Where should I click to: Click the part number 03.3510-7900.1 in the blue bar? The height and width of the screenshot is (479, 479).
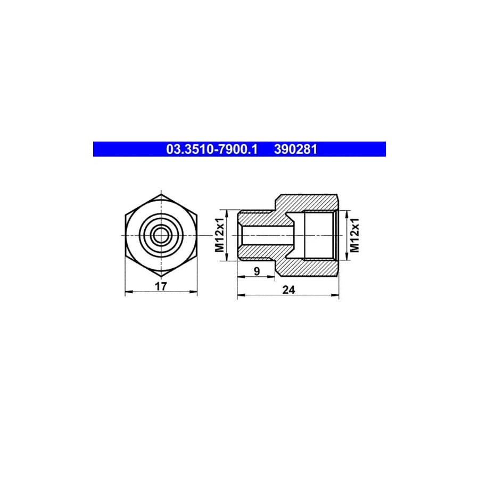coord(212,150)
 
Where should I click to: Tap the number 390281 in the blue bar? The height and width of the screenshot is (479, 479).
coord(295,150)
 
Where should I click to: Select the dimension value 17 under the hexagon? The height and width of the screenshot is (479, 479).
coord(161,286)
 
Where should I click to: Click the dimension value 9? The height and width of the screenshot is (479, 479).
coord(257,271)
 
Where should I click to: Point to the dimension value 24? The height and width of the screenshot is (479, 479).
coord(288,290)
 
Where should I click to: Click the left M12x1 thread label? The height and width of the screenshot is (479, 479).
coord(219,235)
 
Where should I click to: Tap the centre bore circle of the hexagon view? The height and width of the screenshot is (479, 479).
coord(161,234)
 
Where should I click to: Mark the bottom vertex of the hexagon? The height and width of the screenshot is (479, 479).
coord(161,275)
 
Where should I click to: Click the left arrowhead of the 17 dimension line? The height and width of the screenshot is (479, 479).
coord(127,293)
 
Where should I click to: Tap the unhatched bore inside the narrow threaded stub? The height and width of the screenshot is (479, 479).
coord(266,235)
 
